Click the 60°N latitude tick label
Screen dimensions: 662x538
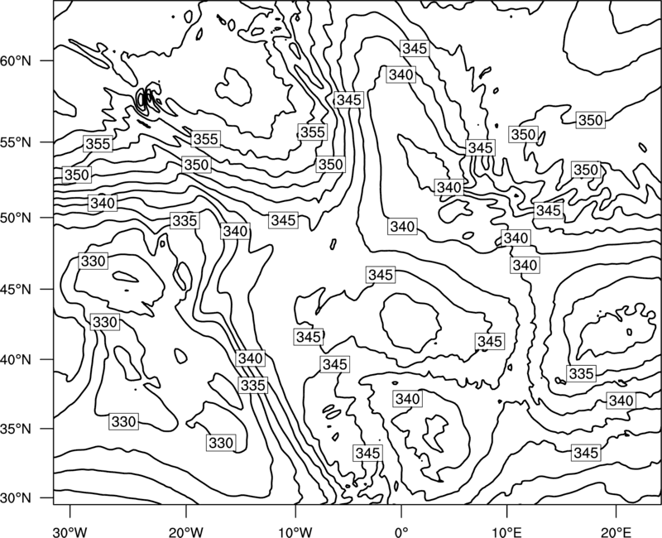[x=16, y=61]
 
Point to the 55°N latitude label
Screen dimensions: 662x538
[x=16, y=142]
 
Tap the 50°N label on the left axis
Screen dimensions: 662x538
[x=16, y=219]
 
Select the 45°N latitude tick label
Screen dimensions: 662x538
[x=16, y=290]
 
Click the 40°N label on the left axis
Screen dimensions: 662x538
[x=16, y=360]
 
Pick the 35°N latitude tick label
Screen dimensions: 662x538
[x=16, y=429]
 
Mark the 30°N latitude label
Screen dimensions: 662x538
[x=16, y=498]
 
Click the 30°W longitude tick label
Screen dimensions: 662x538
[x=70, y=532]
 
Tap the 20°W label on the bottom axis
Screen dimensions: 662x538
[x=185, y=532]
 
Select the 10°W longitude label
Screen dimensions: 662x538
[x=295, y=532]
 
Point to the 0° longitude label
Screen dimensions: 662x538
[x=401, y=532]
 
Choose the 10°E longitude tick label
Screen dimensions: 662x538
[x=506, y=532]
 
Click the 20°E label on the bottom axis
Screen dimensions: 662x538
[x=616, y=532]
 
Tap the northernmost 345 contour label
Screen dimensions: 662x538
[x=415, y=48]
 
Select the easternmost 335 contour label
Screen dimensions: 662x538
[x=582, y=374]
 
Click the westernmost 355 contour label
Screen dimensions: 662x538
[x=98, y=144]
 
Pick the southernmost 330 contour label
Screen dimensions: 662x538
[x=221, y=443]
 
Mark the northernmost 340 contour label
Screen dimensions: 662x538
[x=401, y=74]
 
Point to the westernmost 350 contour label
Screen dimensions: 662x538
[x=77, y=175]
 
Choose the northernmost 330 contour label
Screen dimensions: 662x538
[x=93, y=261]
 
